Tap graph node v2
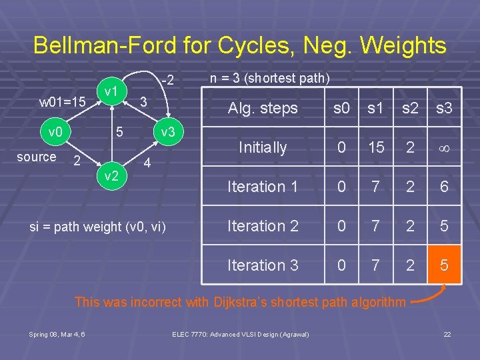(x=111, y=175)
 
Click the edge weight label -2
(x=167, y=81)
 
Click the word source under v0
(x=36, y=157)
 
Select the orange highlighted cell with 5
(x=444, y=265)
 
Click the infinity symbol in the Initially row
(x=444, y=148)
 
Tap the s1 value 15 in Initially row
(x=376, y=148)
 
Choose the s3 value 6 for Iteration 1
(x=444, y=187)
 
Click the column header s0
(x=341, y=108)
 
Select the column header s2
(x=410, y=108)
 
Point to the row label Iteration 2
(x=263, y=226)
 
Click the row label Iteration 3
(x=263, y=265)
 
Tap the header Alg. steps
(x=263, y=108)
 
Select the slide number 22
(x=447, y=333)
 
